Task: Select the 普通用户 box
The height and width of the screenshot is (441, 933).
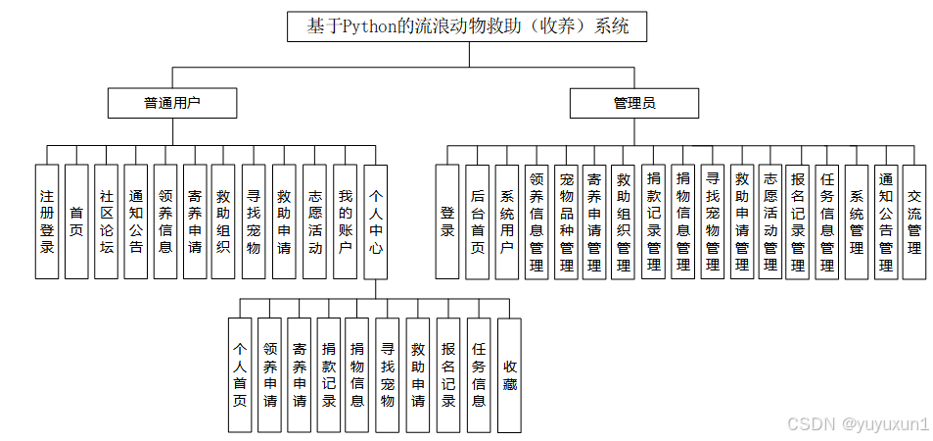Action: tap(172, 103)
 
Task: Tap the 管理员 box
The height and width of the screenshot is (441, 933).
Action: tap(634, 103)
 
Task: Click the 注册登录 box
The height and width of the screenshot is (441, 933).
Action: tap(47, 221)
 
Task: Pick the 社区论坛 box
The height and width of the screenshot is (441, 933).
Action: tap(107, 221)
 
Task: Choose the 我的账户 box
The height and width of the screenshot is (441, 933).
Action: tap(345, 221)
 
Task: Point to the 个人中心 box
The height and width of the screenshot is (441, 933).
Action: tap(377, 221)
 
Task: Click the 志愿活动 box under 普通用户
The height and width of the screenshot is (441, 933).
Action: tap(315, 221)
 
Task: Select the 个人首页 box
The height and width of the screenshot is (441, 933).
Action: tap(239, 374)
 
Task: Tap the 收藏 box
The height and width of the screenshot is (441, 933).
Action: tap(509, 374)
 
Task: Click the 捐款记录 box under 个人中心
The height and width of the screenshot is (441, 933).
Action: tap(329, 374)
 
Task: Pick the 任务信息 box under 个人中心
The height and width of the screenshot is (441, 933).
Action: tap(479, 374)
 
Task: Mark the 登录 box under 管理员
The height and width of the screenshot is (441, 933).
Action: tap(447, 221)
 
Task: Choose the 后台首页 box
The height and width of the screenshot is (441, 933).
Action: tap(477, 221)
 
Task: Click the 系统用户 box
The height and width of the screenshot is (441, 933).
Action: tap(507, 221)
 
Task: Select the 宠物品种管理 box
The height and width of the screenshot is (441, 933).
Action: tap(566, 221)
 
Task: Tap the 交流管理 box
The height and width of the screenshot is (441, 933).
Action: tap(913, 221)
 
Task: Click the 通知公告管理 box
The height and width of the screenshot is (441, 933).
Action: tap(886, 221)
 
